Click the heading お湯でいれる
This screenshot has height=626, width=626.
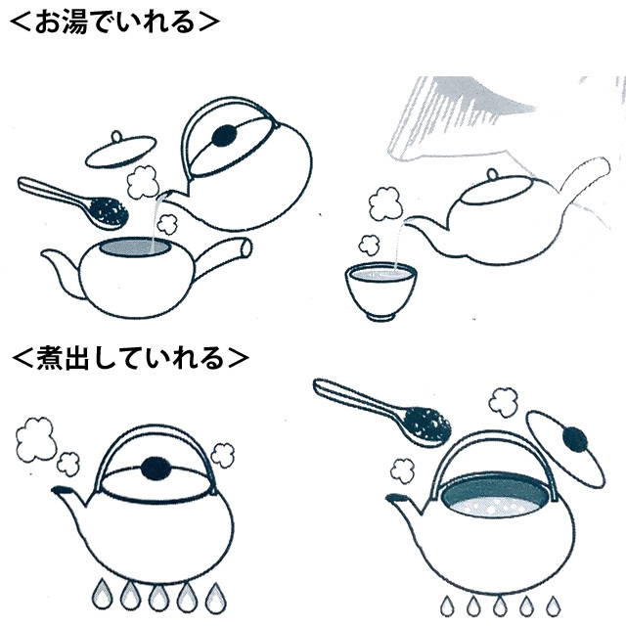[x=114, y=22]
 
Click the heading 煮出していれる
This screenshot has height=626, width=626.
[x=130, y=358]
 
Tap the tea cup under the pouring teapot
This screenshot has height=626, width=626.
[x=380, y=291]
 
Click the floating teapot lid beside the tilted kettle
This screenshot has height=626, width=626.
[x=120, y=151]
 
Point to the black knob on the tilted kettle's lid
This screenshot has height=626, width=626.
[x=225, y=136]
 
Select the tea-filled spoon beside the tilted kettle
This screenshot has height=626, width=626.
[x=73, y=203]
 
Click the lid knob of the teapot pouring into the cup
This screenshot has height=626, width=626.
[x=493, y=174]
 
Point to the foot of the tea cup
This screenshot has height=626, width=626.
[x=380, y=317]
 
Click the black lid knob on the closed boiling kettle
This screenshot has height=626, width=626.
[x=156, y=468]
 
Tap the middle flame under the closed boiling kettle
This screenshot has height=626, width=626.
[x=158, y=596]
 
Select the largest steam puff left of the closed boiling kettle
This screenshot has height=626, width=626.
[x=35, y=439]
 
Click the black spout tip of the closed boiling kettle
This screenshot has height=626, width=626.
[x=60, y=490]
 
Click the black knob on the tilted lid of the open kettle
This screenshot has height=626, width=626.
[x=575, y=440]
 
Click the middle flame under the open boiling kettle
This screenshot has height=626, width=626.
[x=500, y=604]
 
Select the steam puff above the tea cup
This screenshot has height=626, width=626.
[x=370, y=244]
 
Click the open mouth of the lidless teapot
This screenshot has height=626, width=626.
[x=135, y=247]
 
